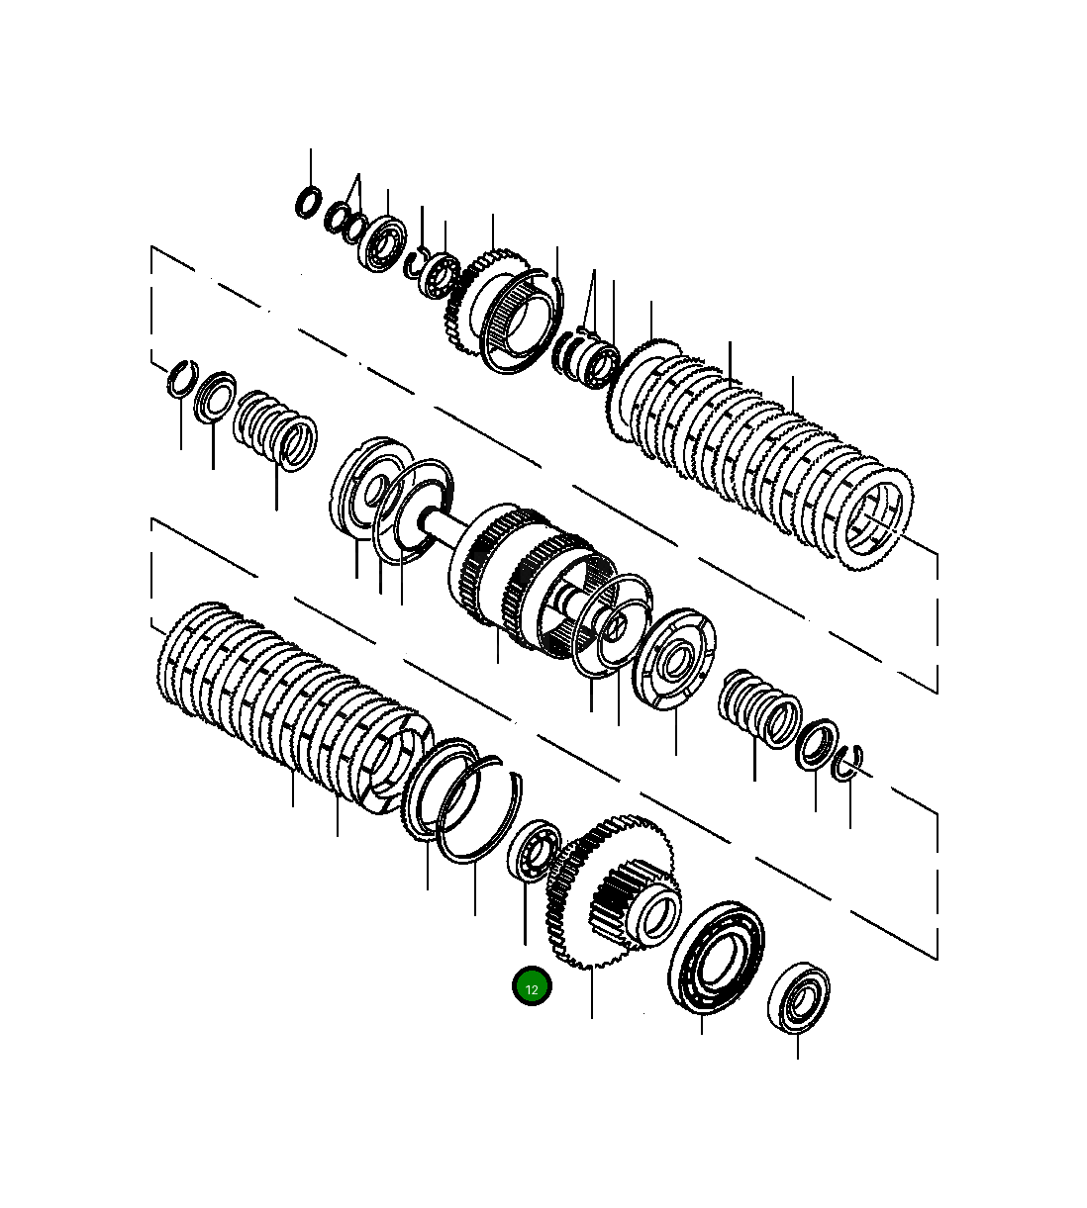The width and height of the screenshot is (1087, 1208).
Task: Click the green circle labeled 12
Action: (x=532, y=986)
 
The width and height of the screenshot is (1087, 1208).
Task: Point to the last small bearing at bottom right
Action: (x=799, y=998)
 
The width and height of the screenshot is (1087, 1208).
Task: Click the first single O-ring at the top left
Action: (x=309, y=202)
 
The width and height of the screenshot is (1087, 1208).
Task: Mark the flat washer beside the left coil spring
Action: (x=215, y=397)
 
